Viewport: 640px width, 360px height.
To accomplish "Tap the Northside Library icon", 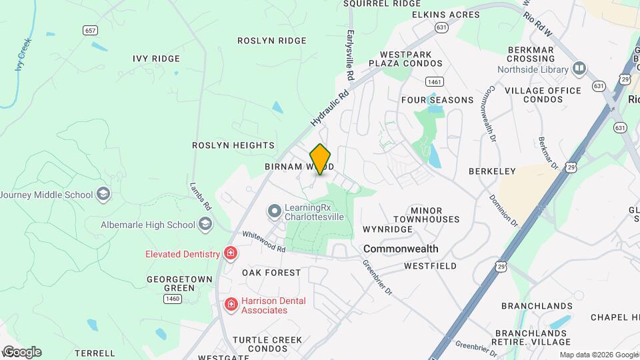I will coord(579,68).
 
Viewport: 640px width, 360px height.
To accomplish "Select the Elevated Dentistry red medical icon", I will coord(231,253).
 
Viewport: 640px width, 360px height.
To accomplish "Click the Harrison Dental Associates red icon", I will coord(231,305).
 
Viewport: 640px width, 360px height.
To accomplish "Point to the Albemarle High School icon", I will coord(205,224).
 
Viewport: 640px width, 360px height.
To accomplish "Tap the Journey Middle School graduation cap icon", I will coord(103,195).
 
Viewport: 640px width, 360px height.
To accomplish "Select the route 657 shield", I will coord(91,30).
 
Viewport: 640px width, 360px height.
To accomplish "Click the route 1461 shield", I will coord(435,81).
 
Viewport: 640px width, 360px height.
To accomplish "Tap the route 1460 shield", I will coord(172,299).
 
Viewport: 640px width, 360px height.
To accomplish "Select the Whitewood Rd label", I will coord(264,241).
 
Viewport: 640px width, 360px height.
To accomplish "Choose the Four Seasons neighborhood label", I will coord(437,100).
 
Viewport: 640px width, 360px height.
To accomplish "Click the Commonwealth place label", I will coord(401,249).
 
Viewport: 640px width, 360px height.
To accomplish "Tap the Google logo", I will coord(21,351).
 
